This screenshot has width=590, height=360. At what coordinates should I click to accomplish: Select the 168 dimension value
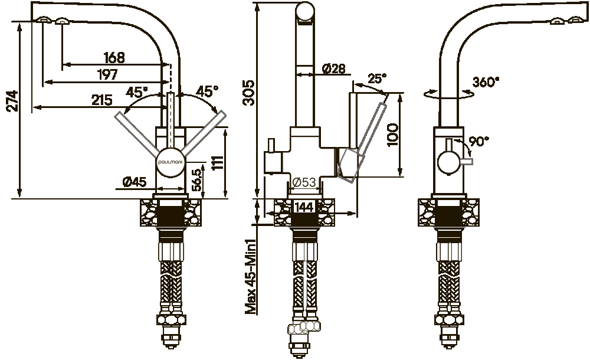tap(114, 58)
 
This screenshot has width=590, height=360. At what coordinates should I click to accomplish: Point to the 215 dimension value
tap(103, 100)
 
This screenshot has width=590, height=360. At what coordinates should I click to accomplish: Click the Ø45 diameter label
tap(135, 183)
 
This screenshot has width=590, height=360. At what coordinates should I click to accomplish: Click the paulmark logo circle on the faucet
tap(171, 160)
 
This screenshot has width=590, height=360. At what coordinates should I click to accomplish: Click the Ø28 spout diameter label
tap(333, 68)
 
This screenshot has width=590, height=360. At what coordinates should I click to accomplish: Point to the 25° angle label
tap(377, 78)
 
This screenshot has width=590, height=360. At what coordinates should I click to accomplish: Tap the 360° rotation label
tap(486, 83)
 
